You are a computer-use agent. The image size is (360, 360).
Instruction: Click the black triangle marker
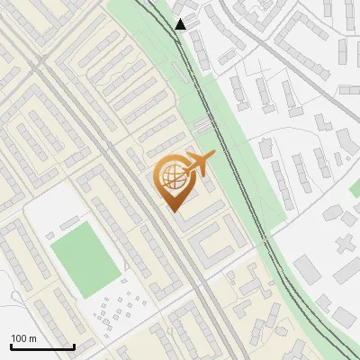pyautogui.click(x=181, y=24)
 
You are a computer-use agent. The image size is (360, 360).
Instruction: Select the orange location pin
pyautogui.click(x=172, y=180)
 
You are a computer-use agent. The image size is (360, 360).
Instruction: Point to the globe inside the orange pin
pyautogui.click(x=171, y=175)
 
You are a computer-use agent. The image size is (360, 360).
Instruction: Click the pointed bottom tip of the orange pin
pyautogui.click(x=172, y=210)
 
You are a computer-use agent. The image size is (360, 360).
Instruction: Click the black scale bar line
pyautogui.click(x=42, y=346)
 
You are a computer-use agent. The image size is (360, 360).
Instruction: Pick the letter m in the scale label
pyautogui.click(x=32, y=338)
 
